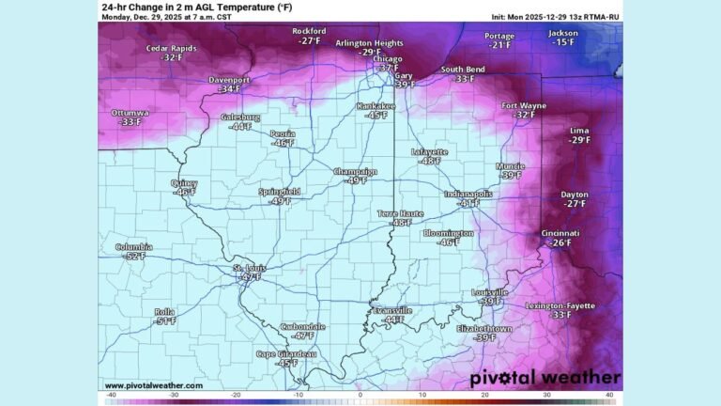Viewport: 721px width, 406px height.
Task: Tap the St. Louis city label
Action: coord(249,268)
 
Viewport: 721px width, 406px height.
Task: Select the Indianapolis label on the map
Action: coord(468,194)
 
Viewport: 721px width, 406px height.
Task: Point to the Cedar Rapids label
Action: coord(171,48)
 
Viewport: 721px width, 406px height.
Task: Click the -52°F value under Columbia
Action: coord(135,257)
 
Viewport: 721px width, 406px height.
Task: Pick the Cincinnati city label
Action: coord(560,233)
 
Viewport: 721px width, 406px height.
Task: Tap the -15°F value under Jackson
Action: coord(563,42)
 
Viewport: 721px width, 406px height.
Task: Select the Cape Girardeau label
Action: coord(286,353)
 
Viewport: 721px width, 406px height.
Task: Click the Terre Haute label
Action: coord(401,213)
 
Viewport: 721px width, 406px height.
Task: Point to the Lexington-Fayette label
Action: coord(560,305)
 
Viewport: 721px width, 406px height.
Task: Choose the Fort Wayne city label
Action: coord(524,105)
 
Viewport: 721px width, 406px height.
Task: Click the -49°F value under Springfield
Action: coord(280,201)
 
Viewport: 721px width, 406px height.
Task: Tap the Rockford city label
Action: coord(309,31)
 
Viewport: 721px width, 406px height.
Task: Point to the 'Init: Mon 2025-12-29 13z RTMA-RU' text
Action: coord(554,17)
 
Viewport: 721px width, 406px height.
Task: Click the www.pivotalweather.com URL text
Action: coord(153,385)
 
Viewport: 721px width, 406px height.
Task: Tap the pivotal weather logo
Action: coord(545,378)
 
